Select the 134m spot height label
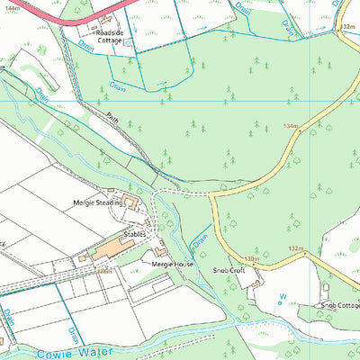(289, 126)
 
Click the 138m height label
(251, 259)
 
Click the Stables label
(134, 233)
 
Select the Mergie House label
(172, 265)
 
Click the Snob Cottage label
(339, 306)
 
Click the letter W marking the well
(282, 294)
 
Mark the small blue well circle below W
(279, 303)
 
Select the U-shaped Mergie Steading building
(131, 201)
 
